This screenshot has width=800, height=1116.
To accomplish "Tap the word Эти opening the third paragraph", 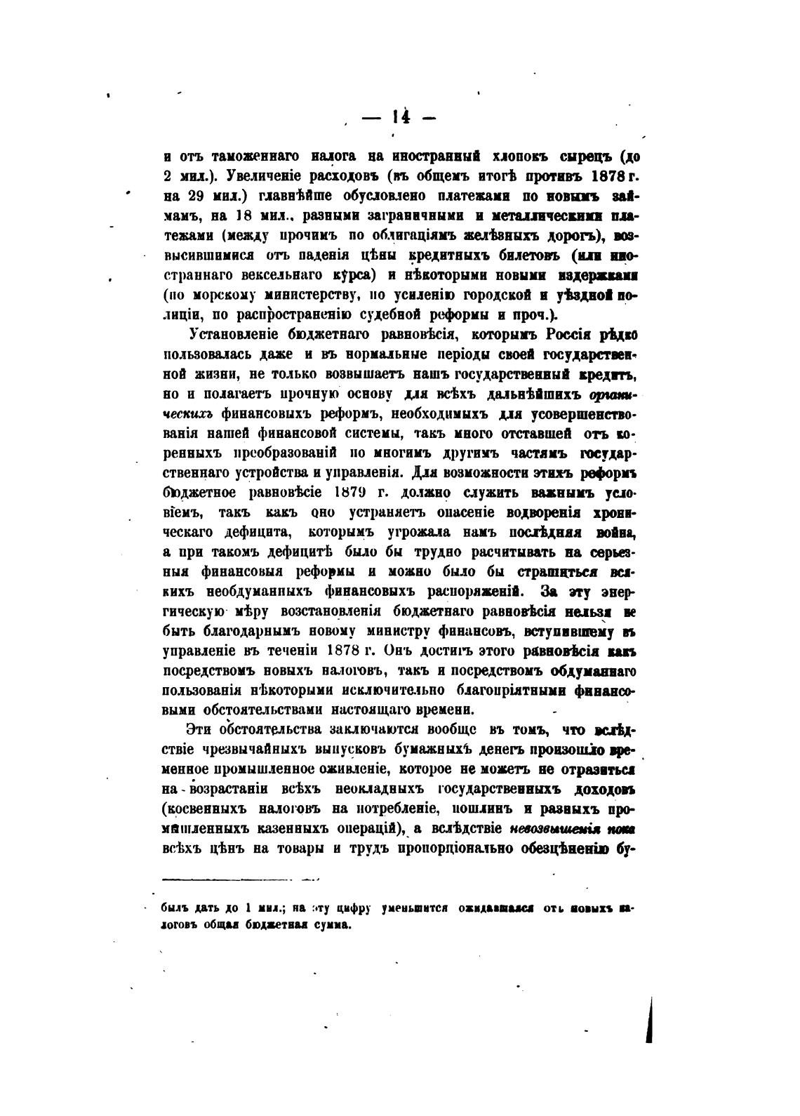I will (199, 729).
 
